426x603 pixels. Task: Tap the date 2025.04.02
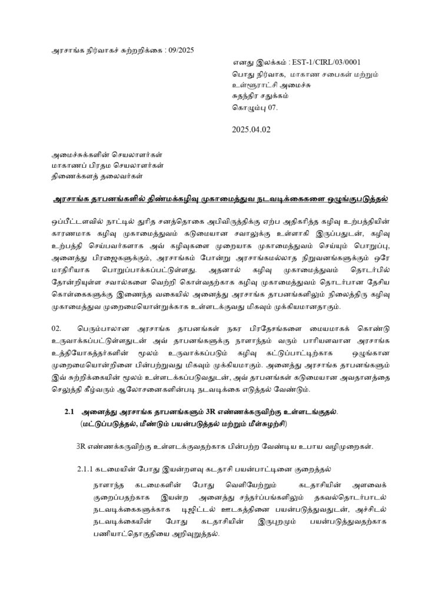[x=251, y=130]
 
